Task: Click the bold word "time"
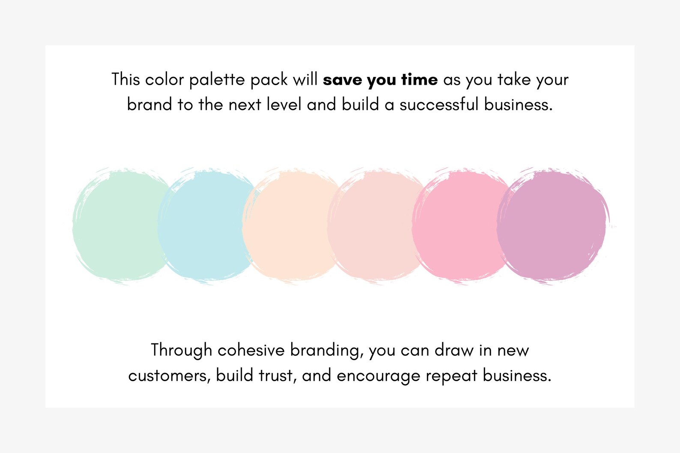tap(419, 80)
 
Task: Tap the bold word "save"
tap(342, 80)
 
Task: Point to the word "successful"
tap(439, 104)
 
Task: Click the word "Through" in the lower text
tap(181, 350)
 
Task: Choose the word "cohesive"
tap(251, 350)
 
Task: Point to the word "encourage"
tap(378, 376)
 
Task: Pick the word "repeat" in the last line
tap(451, 376)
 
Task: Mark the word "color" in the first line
tap(164, 80)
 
